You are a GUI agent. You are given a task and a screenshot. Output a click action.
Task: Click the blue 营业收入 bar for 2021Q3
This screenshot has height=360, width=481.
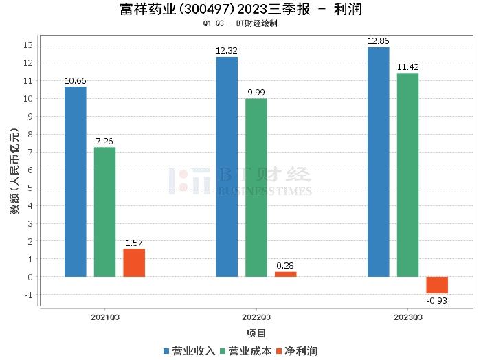point(76,181)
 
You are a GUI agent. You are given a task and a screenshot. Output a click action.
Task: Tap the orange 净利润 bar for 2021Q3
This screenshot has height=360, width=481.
point(134,262)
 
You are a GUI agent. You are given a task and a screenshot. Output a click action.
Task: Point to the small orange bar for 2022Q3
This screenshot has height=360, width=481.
point(285,274)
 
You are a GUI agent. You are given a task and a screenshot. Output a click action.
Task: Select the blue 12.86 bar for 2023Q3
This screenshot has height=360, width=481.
point(378,162)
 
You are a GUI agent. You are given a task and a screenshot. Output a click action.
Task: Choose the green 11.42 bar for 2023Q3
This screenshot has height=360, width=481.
point(407,175)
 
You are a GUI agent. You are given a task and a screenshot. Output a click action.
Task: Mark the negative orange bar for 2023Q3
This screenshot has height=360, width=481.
point(437,285)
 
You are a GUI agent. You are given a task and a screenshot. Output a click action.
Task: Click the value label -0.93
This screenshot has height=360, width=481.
point(437,300)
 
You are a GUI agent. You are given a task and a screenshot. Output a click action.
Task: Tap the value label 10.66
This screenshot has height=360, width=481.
point(76,80)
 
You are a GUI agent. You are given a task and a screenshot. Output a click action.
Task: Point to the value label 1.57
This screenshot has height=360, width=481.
point(134,243)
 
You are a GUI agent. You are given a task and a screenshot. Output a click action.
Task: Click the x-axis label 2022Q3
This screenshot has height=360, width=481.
point(256,317)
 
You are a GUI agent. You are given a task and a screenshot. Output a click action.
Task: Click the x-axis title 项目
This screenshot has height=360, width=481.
point(256,333)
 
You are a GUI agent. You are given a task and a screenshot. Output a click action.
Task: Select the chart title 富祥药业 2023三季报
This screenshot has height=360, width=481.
point(240,10)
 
